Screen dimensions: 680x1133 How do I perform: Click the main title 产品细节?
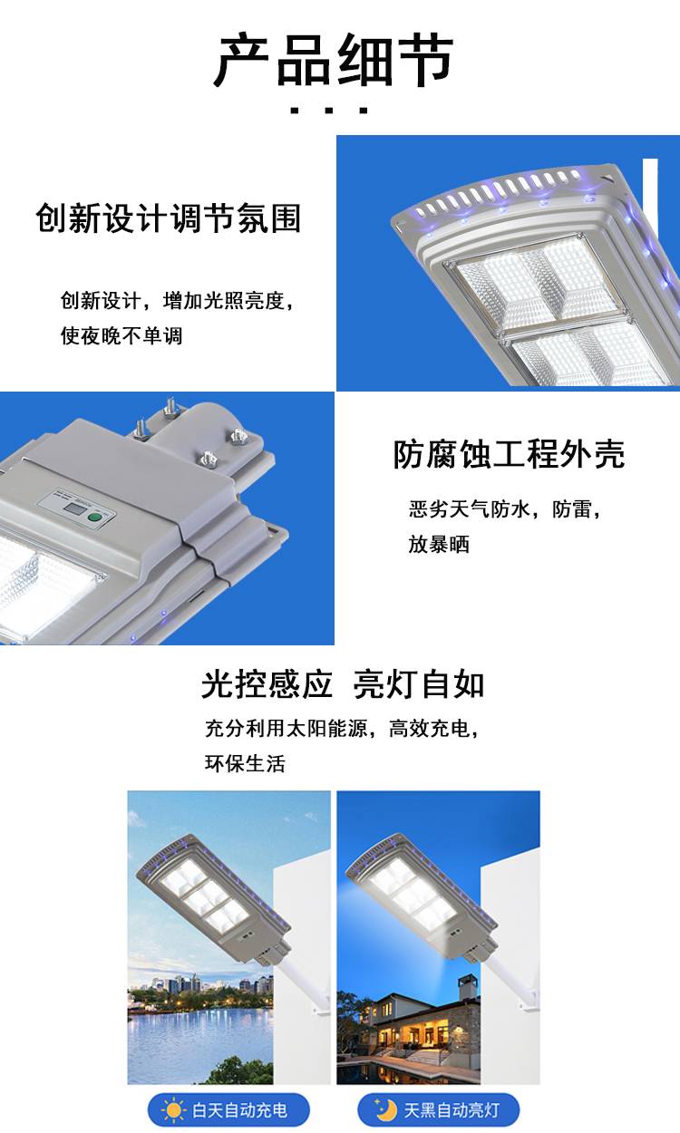click(334, 60)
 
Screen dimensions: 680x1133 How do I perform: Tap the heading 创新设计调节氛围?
click(169, 218)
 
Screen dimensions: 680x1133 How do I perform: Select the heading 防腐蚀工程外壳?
click(509, 454)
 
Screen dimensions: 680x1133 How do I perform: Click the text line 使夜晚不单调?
click(121, 335)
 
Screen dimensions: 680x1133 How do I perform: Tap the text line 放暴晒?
click(439, 544)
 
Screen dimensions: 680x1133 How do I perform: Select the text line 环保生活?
click(246, 763)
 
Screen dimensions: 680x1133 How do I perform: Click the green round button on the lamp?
click(94, 517)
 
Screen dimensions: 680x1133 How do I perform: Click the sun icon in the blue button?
click(172, 1110)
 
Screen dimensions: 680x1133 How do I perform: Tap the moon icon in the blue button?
click(385, 1109)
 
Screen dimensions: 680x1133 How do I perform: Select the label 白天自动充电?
click(240, 1110)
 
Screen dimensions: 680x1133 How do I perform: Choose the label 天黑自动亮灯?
click(452, 1110)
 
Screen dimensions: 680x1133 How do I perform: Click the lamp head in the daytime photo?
click(213, 896)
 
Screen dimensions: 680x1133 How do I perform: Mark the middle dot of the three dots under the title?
click(329, 111)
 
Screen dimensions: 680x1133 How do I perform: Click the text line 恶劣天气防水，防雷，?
click(505, 508)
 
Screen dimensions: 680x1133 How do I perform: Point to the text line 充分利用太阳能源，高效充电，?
click(342, 729)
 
